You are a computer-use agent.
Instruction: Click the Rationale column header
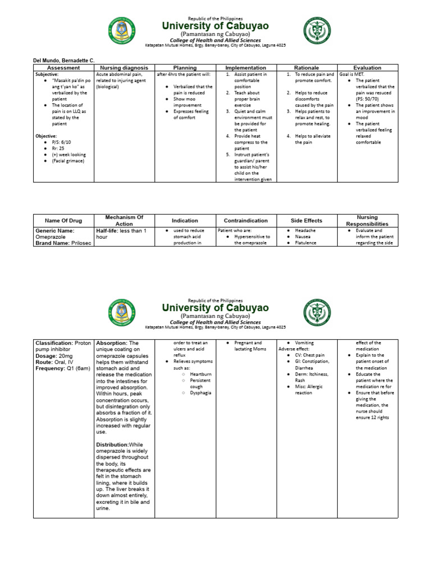(306, 67)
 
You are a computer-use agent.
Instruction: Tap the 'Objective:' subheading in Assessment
(47, 136)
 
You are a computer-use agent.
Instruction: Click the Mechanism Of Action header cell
(125, 220)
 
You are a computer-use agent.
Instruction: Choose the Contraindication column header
(246, 220)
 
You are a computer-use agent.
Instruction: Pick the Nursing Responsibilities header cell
(368, 220)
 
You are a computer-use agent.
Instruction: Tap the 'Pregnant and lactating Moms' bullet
(250, 346)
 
